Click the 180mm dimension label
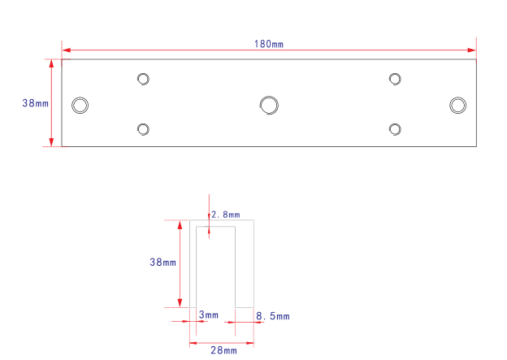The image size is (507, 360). (x=269, y=44)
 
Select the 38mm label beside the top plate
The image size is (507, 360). (x=35, y=103)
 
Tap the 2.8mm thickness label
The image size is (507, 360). (x=226, y=215)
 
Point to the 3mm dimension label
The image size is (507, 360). (x=209, y=314)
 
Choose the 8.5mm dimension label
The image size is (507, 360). (x=273, y=316)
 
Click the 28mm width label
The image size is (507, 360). (x=223, y=350)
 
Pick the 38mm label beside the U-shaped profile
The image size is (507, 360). (x=163, y=262)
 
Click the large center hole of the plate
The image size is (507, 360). (x=269, y=105)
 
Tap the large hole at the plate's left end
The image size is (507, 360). (x=80, y=106)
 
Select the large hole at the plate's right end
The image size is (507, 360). (x=458, y=105)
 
